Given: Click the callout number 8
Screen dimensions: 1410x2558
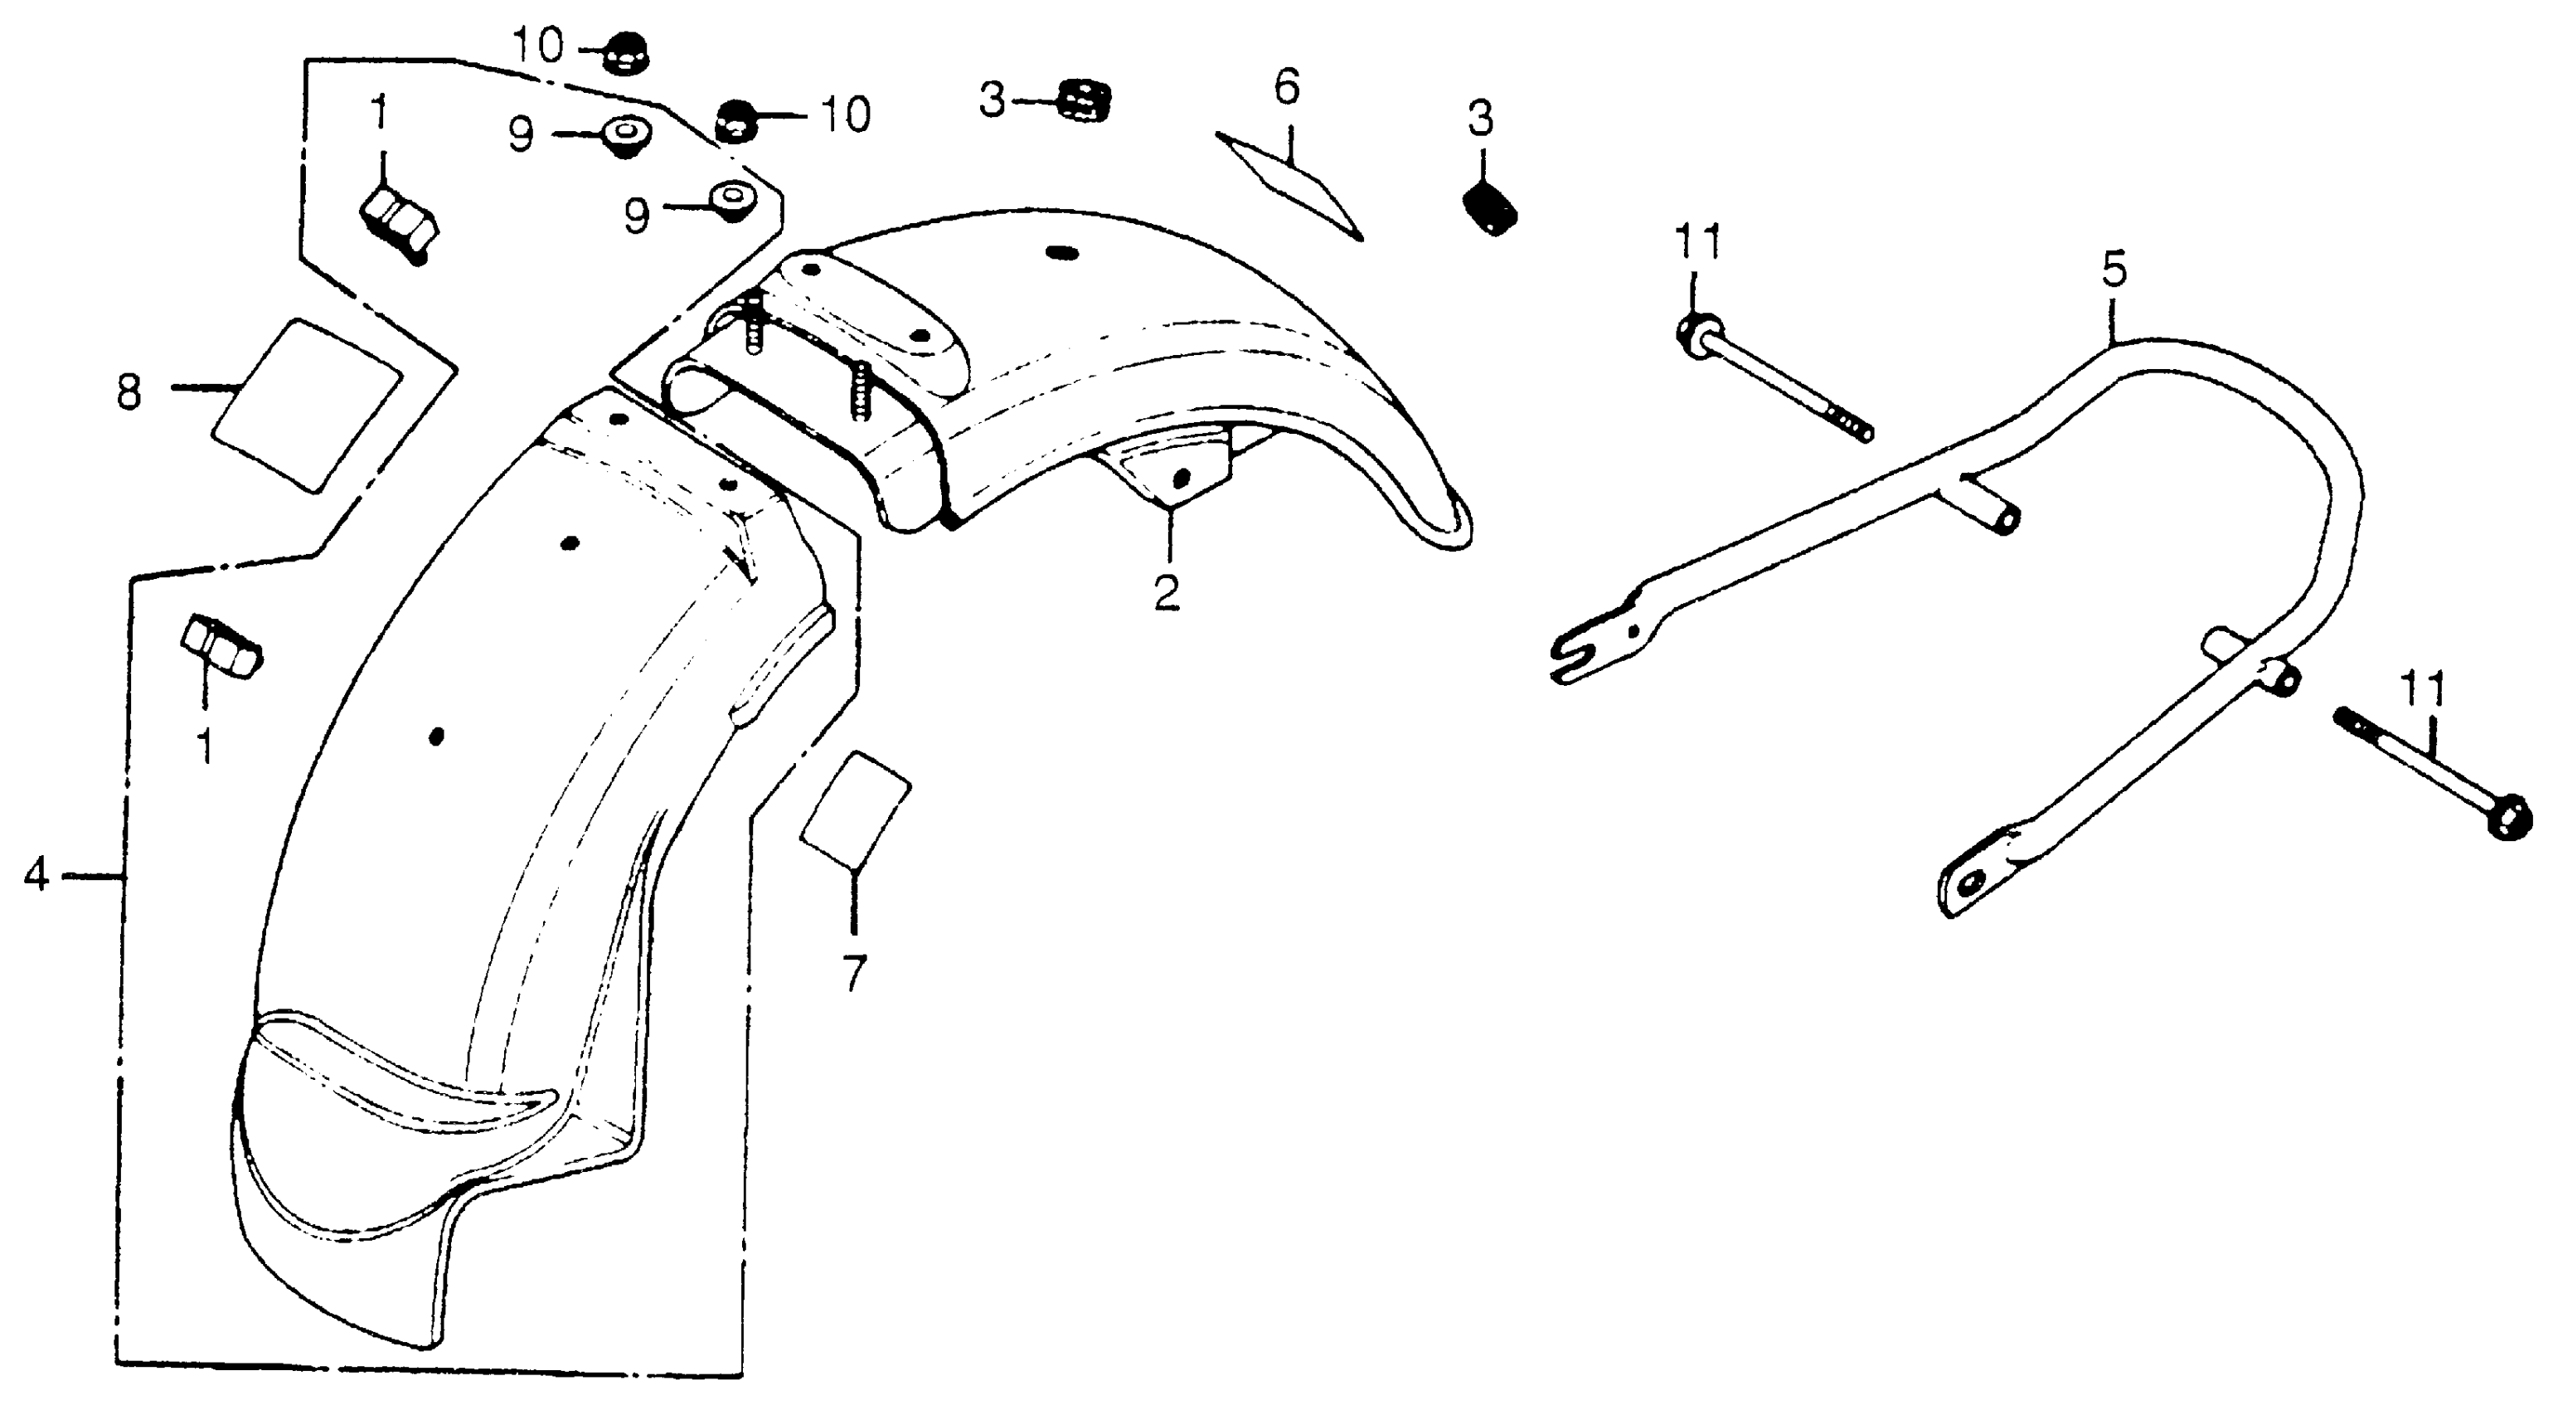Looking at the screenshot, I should click(129, 392).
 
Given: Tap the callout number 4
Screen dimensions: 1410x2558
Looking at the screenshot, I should click(36, 875).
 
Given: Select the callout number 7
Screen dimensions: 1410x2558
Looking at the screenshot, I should click(854, 973).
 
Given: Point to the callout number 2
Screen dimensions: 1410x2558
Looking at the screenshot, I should click(1167, 593).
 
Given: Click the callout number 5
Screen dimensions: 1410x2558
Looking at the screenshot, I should click(2113, 270).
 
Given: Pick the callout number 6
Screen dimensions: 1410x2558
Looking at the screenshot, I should click(1286, 89).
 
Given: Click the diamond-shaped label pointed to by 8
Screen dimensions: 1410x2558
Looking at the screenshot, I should click(307, 404).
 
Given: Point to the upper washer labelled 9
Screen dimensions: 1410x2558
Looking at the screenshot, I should click(624, 135).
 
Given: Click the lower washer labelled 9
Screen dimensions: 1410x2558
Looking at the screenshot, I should click(733, 201).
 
